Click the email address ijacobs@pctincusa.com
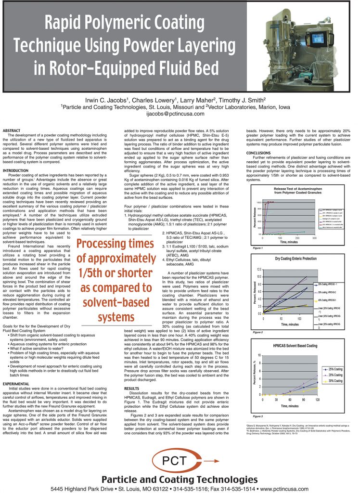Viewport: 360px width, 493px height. click(180, 114)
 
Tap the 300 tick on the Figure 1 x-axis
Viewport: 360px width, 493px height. click(314, 238)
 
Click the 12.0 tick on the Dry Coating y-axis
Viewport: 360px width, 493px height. click(258, 269)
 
